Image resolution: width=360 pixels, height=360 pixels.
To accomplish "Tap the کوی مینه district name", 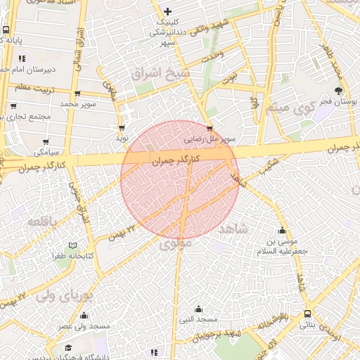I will coord(288,110).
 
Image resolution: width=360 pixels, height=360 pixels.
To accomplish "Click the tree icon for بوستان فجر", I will coord(339,91).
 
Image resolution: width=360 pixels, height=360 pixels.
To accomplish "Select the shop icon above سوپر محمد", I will coord(77,94).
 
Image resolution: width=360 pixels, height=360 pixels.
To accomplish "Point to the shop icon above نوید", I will coord(123,128).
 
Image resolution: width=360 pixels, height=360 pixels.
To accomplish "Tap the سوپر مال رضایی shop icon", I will coord(210,129).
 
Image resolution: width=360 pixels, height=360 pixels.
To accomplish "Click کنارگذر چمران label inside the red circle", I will coord(176,160).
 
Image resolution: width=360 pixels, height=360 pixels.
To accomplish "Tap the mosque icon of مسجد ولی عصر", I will coord(85,316).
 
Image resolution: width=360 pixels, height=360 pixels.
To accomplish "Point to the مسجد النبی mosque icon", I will coord(198,309).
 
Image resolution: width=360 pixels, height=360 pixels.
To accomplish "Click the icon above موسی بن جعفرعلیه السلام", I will coord(283,231).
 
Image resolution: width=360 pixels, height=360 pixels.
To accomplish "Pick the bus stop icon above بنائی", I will coord(307,314).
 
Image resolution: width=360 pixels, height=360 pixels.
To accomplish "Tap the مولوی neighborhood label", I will coord(176,245).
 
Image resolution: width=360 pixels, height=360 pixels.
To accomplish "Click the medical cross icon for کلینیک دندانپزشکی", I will coord(167,11).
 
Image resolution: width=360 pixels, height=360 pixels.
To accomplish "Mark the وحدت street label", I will coord(212,53).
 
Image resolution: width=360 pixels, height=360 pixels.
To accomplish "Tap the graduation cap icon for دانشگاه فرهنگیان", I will coord(68,348).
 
